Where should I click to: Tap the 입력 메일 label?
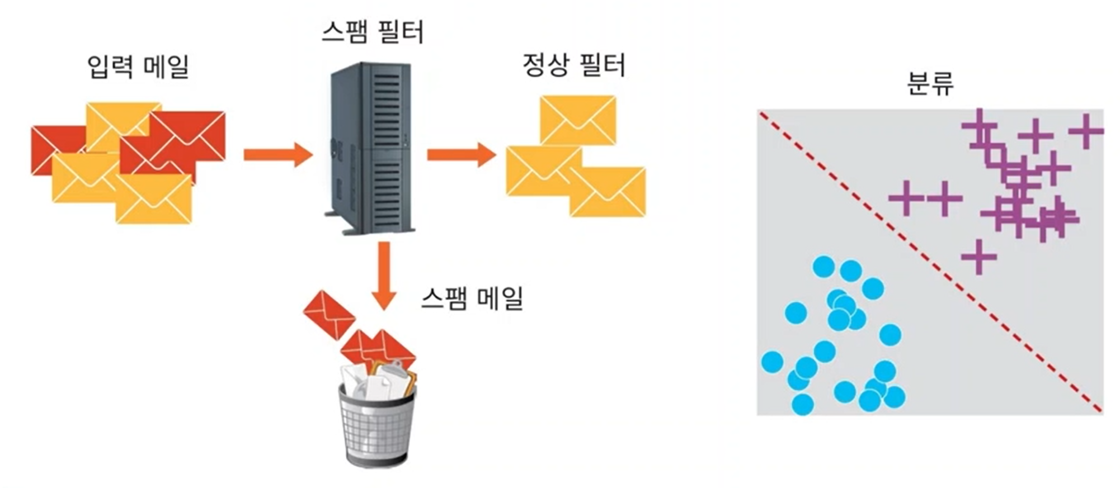(138, 67)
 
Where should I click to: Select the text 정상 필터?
(573, 65)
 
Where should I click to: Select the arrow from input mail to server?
(277, 154)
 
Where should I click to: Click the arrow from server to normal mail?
(461, 154)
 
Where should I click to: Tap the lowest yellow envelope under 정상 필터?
(608, 192)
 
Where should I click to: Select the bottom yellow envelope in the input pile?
(154, 199)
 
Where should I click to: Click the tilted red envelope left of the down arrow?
(329, 315)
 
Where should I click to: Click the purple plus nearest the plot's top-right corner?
(1086, 131)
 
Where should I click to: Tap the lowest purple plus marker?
(979, 257)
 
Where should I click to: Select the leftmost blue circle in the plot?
(772, 362)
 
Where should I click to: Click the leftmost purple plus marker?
(906, 198)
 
